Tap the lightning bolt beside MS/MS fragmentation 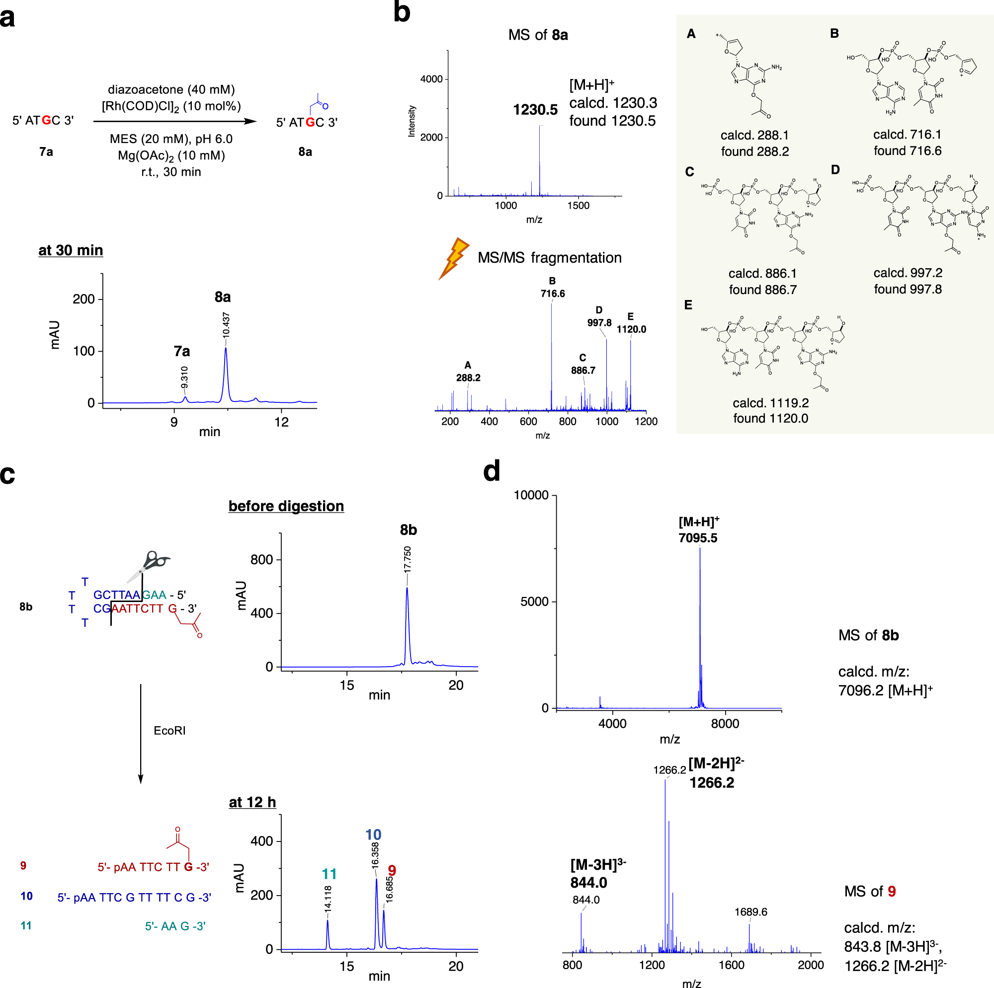(x=453, y=258)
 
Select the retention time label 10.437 (x=226, y=325)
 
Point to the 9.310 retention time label (x=185, y=377)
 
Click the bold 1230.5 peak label (x=535, y=110)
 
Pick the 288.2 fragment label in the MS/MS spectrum (x=468, y=378)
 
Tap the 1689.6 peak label (x=750, y=912)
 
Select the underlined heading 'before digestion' (x=286, y=506)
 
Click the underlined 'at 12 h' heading (x=252, y=802)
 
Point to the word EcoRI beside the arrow (x=169, y=731)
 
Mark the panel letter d (x=492, y=471)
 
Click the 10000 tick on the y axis (x=531, y=495)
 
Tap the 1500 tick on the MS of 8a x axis (x=579, y=206)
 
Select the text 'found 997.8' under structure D (x=908, y=290)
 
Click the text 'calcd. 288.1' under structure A (x=754, y=135)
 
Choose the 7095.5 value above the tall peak (x=698, y=538)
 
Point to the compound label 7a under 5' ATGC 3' (x=46, y=152)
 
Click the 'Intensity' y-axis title (x=412, y=121)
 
